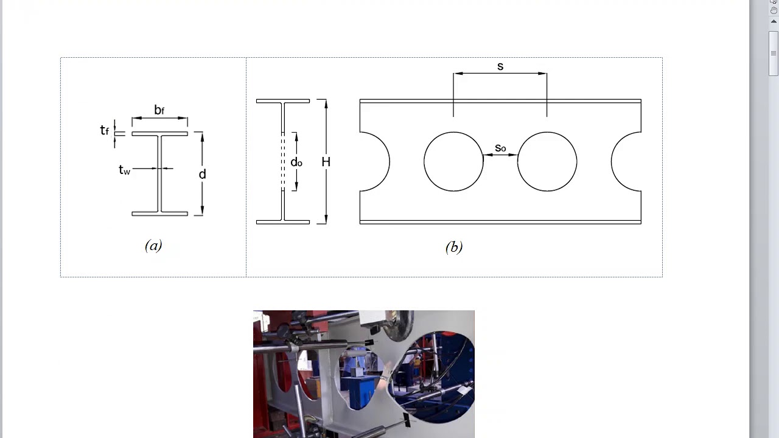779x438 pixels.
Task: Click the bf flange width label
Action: click(x=159, y=110)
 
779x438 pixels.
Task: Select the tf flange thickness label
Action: click(x=104, y=130)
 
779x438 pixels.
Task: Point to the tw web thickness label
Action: click(x=124, y=170)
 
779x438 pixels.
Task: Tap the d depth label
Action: click(x=203, y=174)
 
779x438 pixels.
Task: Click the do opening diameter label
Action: click(x=296, y=162)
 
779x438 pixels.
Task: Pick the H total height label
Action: click(x=326, y=162)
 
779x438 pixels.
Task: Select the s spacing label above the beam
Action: click(x=500, y=66)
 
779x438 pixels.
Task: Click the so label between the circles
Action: click(x=500, y=148)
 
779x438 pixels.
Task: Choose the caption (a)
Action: click(x=153, y=245)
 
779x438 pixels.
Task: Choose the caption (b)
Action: click(x=454, y=247)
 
